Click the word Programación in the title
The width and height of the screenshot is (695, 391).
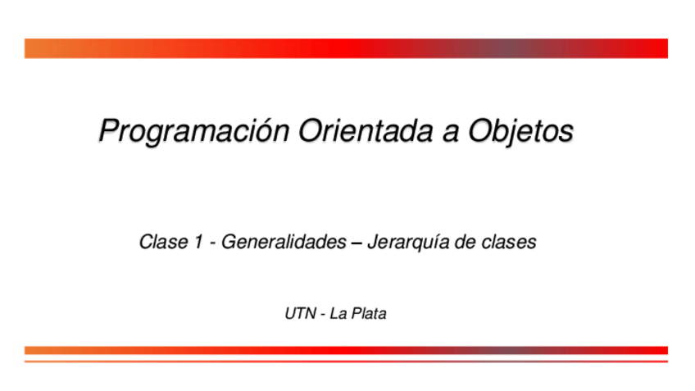pyautogui.click(x=194, y=131)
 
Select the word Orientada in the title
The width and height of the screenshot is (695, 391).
pyautogui.click(x=366, y=130)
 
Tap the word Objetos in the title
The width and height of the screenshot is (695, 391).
pyautogui.click(x=520, y=131)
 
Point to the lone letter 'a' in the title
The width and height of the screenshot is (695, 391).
pyautogui.click(x=450, y=134)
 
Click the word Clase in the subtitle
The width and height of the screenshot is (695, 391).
pyautogui.click(x=164, y=242)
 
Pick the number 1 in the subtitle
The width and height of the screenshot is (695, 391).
pyautogui.click(x=198, y=242)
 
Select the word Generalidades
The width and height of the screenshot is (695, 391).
pyautogui.click(x=284, y=242)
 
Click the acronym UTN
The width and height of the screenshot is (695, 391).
pyautogui.click(x=301, y=313)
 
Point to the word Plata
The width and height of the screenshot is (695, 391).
pyautogui.click(x=369, y=313)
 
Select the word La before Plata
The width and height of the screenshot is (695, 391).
pyautogui.click(x=338, y=313)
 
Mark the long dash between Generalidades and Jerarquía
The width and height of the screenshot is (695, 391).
pyautogui.click(x=357, y=243)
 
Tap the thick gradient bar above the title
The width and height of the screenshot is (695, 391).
pyautogui.click(x=346, y=48)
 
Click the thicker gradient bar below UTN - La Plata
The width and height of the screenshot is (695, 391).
pyautogui.click(x=346, y=350)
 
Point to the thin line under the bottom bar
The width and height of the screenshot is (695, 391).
pyautogui.click(x=346, y=361)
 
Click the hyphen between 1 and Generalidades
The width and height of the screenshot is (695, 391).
pyautogui.click(x=213, y=243)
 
